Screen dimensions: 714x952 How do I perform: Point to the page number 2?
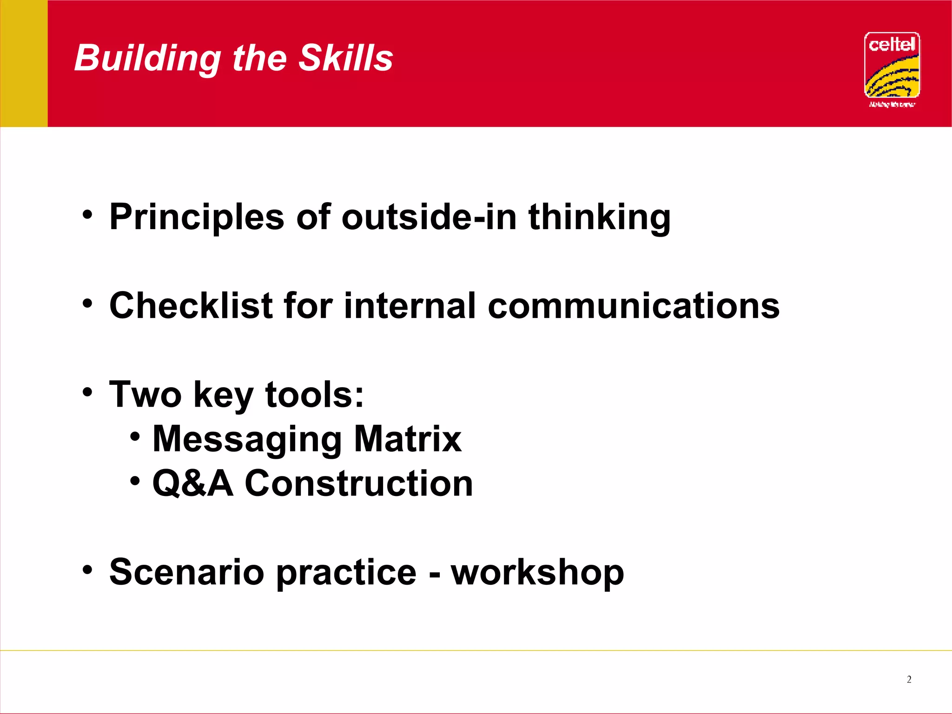coord(909,680)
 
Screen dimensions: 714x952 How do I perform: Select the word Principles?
coord(196,218)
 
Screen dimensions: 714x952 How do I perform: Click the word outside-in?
coord(429,217)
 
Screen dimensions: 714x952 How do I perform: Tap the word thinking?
coord(599,218)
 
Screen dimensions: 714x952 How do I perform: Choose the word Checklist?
coord(191,306)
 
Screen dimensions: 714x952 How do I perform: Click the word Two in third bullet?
coord(145,395)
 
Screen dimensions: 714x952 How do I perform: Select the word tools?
coord(314,395)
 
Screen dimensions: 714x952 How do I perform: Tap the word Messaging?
coord(247,440)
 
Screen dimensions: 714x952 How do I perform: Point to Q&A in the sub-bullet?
coord(192,483)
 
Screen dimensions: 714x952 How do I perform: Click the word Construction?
coord(358,483)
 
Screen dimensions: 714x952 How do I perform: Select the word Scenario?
coord(187,572)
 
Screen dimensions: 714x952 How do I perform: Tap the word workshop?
coord(537,573)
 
